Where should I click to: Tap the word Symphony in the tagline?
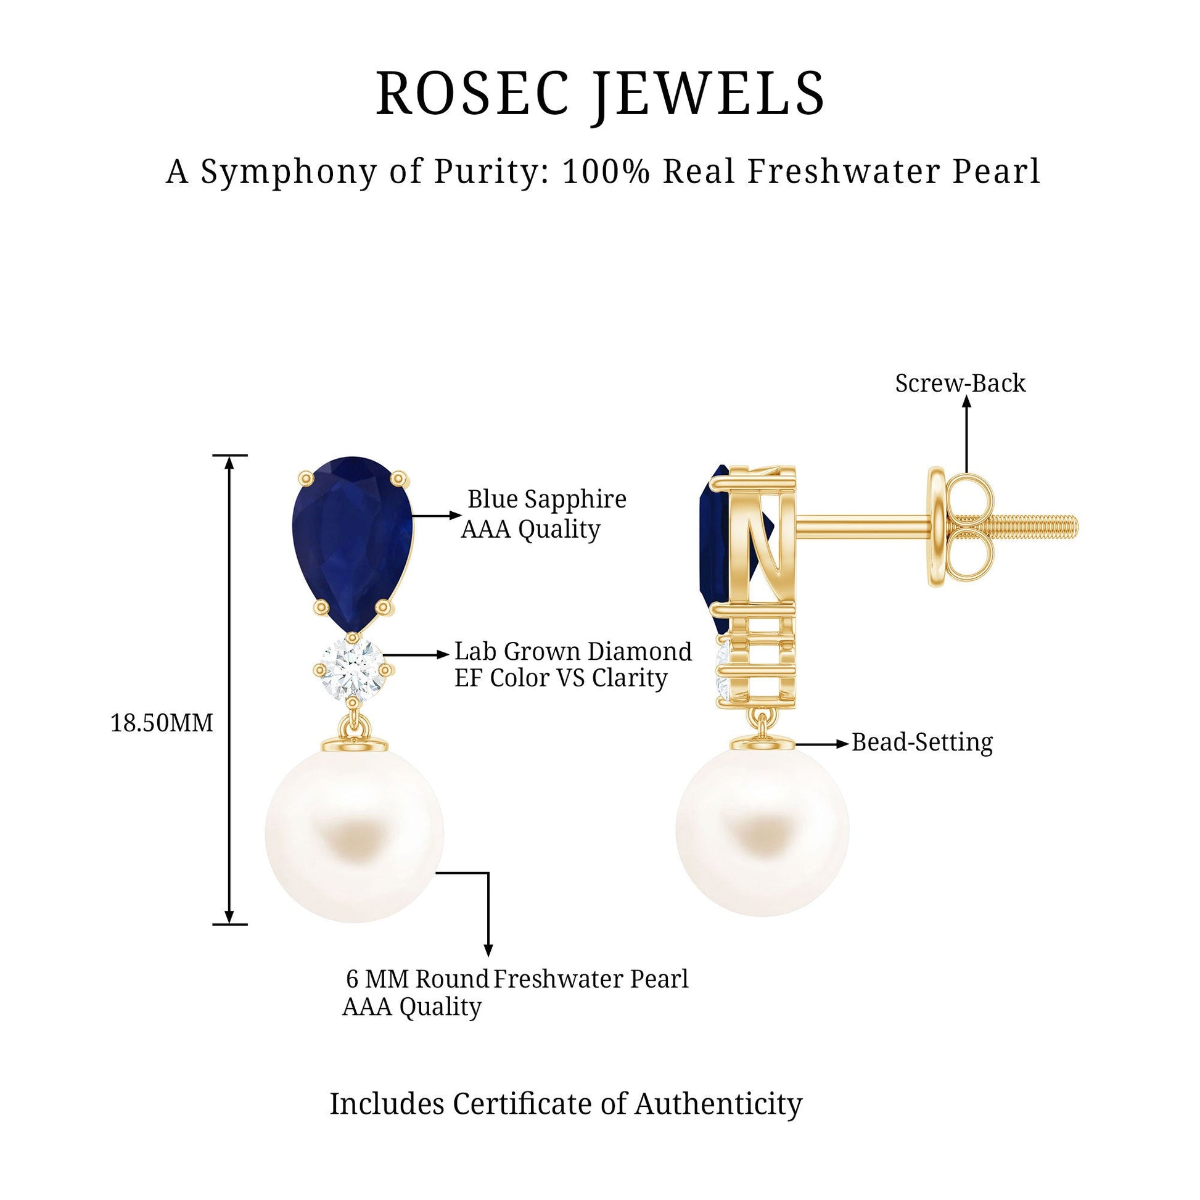coord(288,173)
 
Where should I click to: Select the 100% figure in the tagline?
coord(606,171)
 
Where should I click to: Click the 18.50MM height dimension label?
coord(162,723)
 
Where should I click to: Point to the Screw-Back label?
coord(960,383)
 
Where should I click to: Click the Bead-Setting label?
coord(922,742)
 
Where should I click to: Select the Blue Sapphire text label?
coord(546,499)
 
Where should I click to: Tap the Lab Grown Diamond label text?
coord(573,652)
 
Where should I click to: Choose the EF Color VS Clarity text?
coord(561,678)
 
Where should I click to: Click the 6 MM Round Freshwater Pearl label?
coord(517,979)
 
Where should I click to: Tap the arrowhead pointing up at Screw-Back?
coord(966,402)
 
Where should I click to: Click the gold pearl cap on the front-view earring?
coord(353,745)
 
